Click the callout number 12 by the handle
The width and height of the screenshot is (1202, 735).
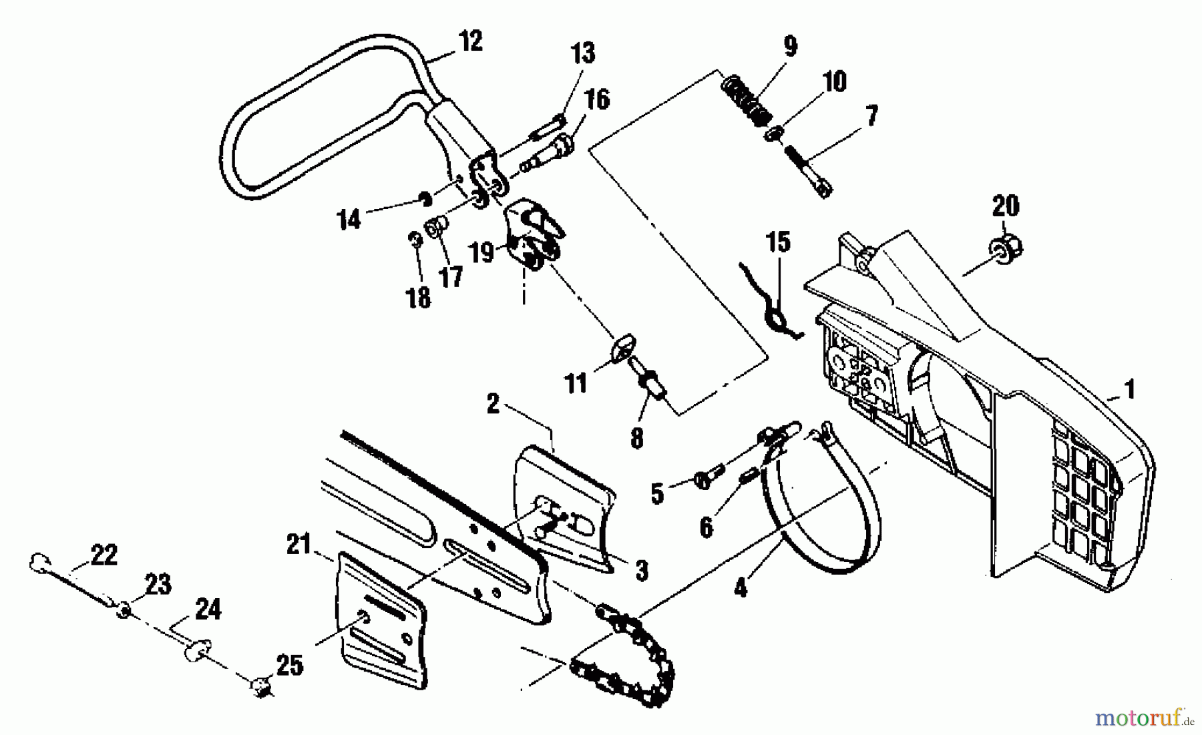[470, 41]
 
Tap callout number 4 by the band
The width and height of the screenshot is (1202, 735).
[740, 587]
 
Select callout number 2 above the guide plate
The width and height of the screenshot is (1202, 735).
[493, 404]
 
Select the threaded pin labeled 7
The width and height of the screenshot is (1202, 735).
[808, 170]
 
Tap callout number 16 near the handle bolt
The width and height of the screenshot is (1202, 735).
[597, 100]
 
